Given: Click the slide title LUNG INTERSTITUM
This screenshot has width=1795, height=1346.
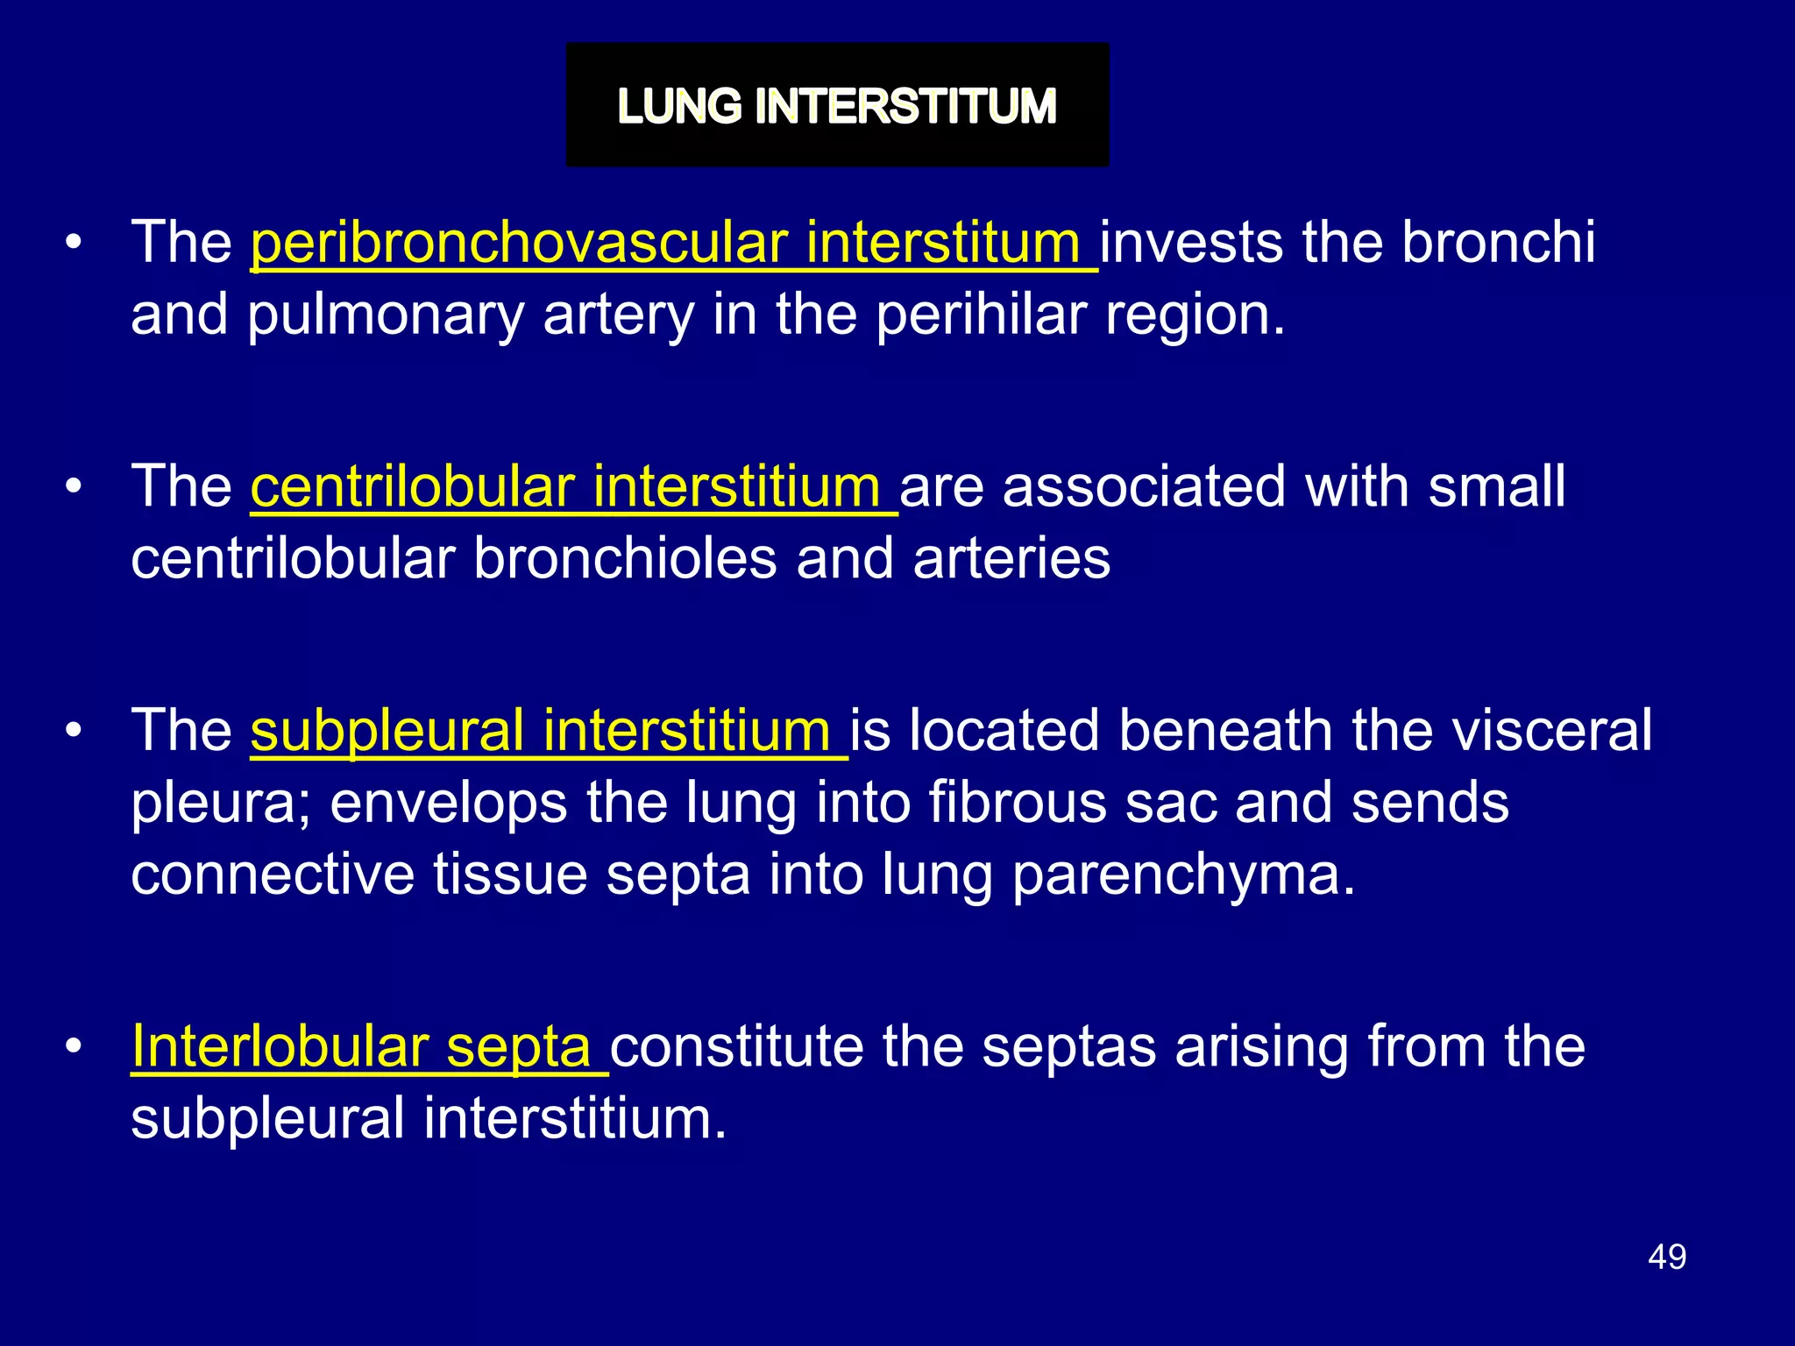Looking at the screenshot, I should tap(837, 106).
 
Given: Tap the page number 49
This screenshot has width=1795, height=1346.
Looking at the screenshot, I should tap(1666, 1257).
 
